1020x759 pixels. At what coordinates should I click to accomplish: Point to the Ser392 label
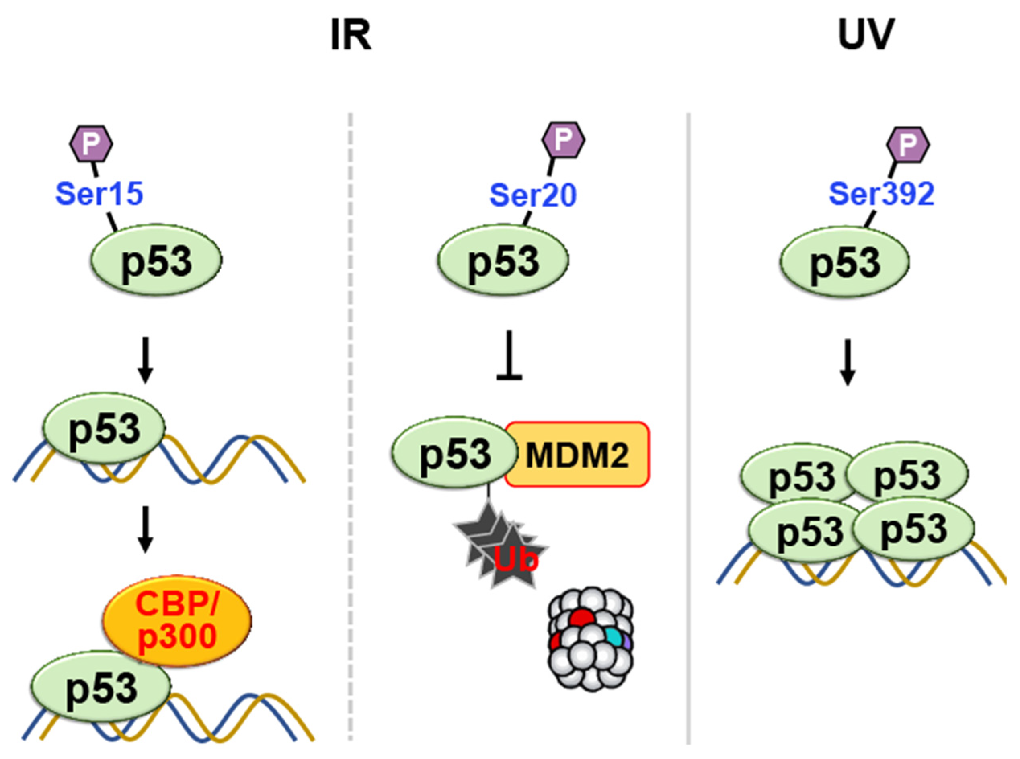tap(881, 193)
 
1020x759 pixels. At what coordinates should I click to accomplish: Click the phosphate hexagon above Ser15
tap(91, 144)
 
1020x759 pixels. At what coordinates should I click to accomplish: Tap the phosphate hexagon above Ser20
tap(563, 141)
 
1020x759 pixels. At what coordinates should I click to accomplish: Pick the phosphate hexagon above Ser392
tap(907, 145)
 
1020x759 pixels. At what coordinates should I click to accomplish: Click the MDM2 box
tap(577, 454)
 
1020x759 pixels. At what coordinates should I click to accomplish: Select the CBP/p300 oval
tap(177, 620)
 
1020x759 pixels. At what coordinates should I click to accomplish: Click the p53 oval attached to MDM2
tap(455, 453)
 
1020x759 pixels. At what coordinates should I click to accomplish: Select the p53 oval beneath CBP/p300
tap(101, 688)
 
